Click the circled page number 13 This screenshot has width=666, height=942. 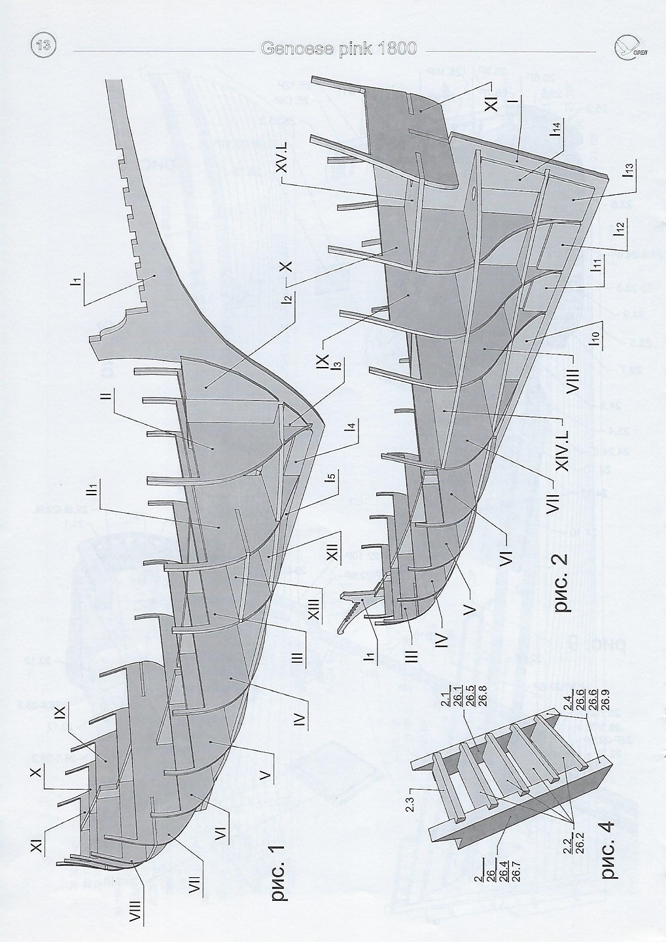[x=44, y=46]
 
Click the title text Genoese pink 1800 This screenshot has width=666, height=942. [x=338, y=50]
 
